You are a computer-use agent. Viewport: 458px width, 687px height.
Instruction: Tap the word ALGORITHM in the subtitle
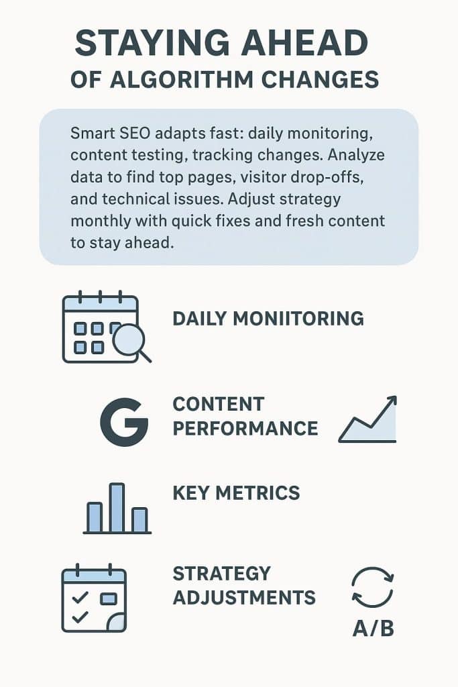(x=182, y=80)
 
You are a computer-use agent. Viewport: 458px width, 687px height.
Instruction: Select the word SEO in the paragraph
(x=133, y=133)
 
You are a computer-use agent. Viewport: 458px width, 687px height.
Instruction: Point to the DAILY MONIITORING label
(x=268, y=319)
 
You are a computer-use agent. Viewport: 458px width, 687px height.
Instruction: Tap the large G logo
(x=124, y=422)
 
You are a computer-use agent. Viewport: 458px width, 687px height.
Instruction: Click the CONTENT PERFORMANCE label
(x=245, y=416)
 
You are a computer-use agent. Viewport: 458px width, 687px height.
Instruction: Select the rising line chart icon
(x=367, y=419)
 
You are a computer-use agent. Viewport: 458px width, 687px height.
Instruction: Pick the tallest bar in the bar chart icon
(x=117, y=507)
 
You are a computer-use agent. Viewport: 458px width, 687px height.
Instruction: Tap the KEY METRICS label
(x=237, y=493)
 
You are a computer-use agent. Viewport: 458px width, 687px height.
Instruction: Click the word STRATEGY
(x=221, y=574)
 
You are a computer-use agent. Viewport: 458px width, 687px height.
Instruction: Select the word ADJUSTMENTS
(x=244, y=598)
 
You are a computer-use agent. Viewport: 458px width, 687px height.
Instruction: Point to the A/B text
(x=373, y=628)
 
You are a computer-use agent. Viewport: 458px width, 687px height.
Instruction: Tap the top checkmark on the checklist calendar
(x=80, y=597)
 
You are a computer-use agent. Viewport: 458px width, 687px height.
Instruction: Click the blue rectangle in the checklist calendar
(x=109, y=598)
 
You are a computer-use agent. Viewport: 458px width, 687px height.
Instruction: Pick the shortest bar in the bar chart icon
(x=139, y=520)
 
